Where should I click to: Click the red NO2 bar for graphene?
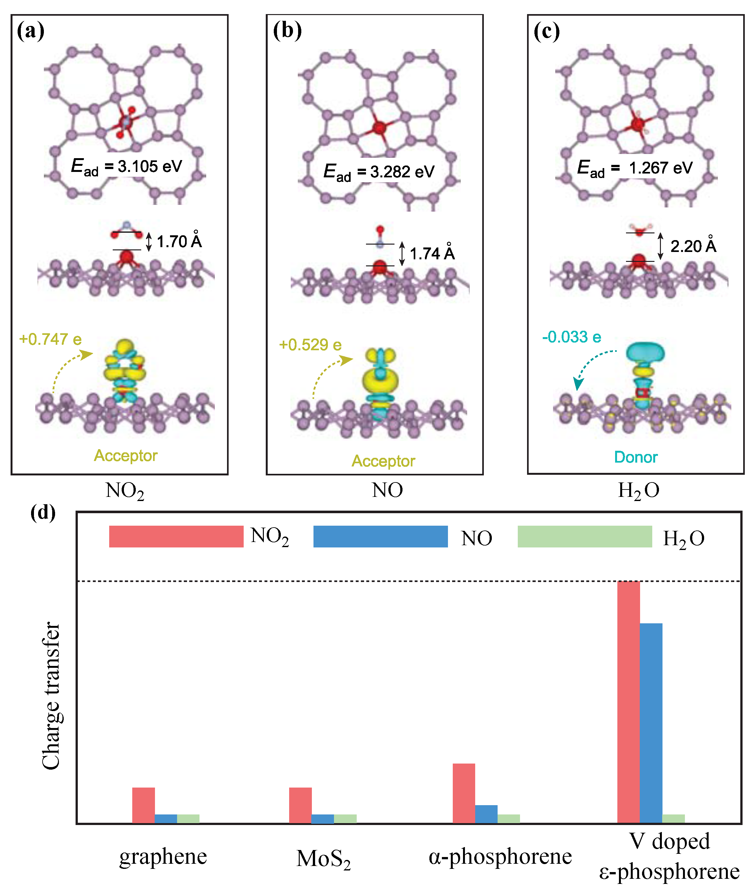coord(143,805)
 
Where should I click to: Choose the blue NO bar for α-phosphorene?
coord(486,814)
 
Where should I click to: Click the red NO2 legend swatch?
coord(176,537)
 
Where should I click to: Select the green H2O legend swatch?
coord(585,537)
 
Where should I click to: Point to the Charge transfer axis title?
coord(52,696)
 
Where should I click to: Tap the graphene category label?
coord(163,857)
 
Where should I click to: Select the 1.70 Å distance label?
coord(179,241)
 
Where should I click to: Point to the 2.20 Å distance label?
coord(693,246)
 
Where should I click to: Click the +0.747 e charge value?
coord(50,339)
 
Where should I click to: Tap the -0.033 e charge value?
coord(571,337)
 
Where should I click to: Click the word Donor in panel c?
coord(636,457)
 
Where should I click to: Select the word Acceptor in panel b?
coord(383,461)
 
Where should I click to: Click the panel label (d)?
coord(43,512)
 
